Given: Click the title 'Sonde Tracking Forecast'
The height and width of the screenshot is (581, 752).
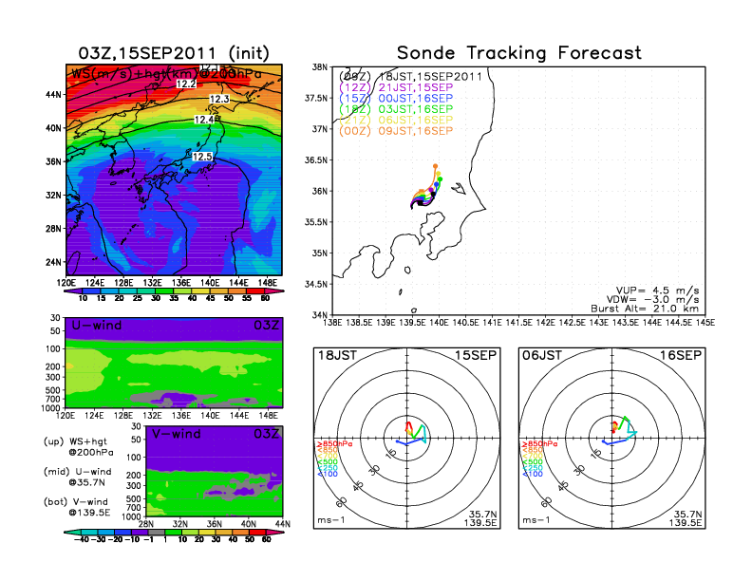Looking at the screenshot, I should [518, 53].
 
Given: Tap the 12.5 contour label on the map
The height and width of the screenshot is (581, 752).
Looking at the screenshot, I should [202, 157].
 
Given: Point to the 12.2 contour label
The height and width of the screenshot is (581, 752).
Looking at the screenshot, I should [186, 84].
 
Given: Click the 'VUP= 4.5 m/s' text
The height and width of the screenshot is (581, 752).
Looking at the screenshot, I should [656, 286].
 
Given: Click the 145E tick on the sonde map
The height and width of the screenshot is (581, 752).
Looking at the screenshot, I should [705, 323].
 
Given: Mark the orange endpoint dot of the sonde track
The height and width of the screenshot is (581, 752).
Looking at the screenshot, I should [435, 165].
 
